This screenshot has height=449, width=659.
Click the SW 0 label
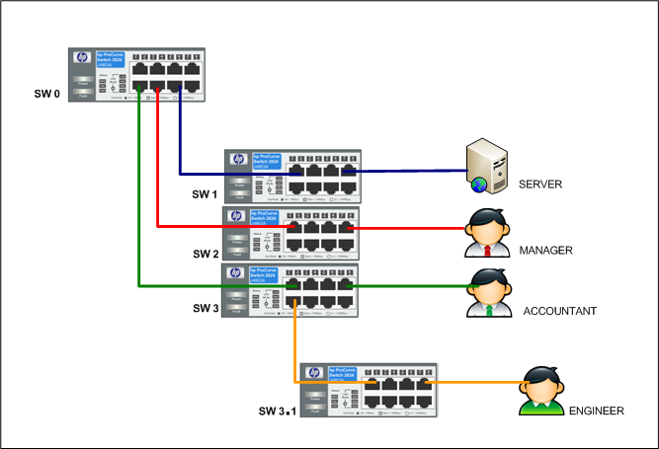click(46, 98)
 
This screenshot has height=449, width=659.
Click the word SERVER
click(539, 185)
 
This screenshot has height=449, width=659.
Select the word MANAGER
click(545, 251)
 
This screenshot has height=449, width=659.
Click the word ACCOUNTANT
click(559, 311)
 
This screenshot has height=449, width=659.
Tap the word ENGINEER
click(595, 410)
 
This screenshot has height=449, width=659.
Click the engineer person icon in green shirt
click(542, 393)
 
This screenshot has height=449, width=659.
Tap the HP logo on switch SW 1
click(237, 160)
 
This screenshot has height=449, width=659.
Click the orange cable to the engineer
click(474, 382)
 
